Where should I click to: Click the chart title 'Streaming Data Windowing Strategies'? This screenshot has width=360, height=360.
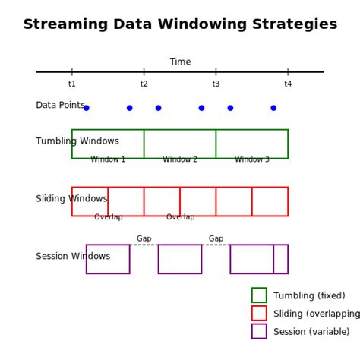click(180, 24)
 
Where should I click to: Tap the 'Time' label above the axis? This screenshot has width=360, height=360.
click(180, 62)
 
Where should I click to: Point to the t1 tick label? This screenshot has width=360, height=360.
click(72, 84)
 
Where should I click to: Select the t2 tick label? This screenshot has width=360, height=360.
click(144, 84)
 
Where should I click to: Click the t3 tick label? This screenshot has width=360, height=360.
click(216, 84)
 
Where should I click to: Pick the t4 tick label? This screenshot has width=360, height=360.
click(288, 84)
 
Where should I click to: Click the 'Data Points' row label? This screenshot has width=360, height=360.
click(60, 105)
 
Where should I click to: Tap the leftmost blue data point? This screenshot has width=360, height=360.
click(87, 108)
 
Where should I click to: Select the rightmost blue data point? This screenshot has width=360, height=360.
click(273, 108)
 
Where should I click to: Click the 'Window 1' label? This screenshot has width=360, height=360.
click(108, 159)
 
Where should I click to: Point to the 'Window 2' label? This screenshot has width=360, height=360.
click(180, 159)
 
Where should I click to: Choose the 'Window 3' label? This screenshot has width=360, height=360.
click(251, 159)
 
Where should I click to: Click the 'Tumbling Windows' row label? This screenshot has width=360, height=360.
click(77, 141)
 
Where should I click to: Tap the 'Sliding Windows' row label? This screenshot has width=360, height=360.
click(71, 199)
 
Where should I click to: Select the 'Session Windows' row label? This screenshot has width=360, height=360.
click(73, 257)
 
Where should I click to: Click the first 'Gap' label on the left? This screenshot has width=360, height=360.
click(144, 238)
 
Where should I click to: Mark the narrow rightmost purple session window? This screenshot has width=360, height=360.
click(281, 259)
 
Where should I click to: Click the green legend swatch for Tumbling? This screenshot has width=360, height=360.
click(259, 295)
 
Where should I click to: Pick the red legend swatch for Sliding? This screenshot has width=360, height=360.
click(259, 314)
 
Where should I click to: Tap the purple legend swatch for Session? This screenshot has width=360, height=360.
click(259, 331)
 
